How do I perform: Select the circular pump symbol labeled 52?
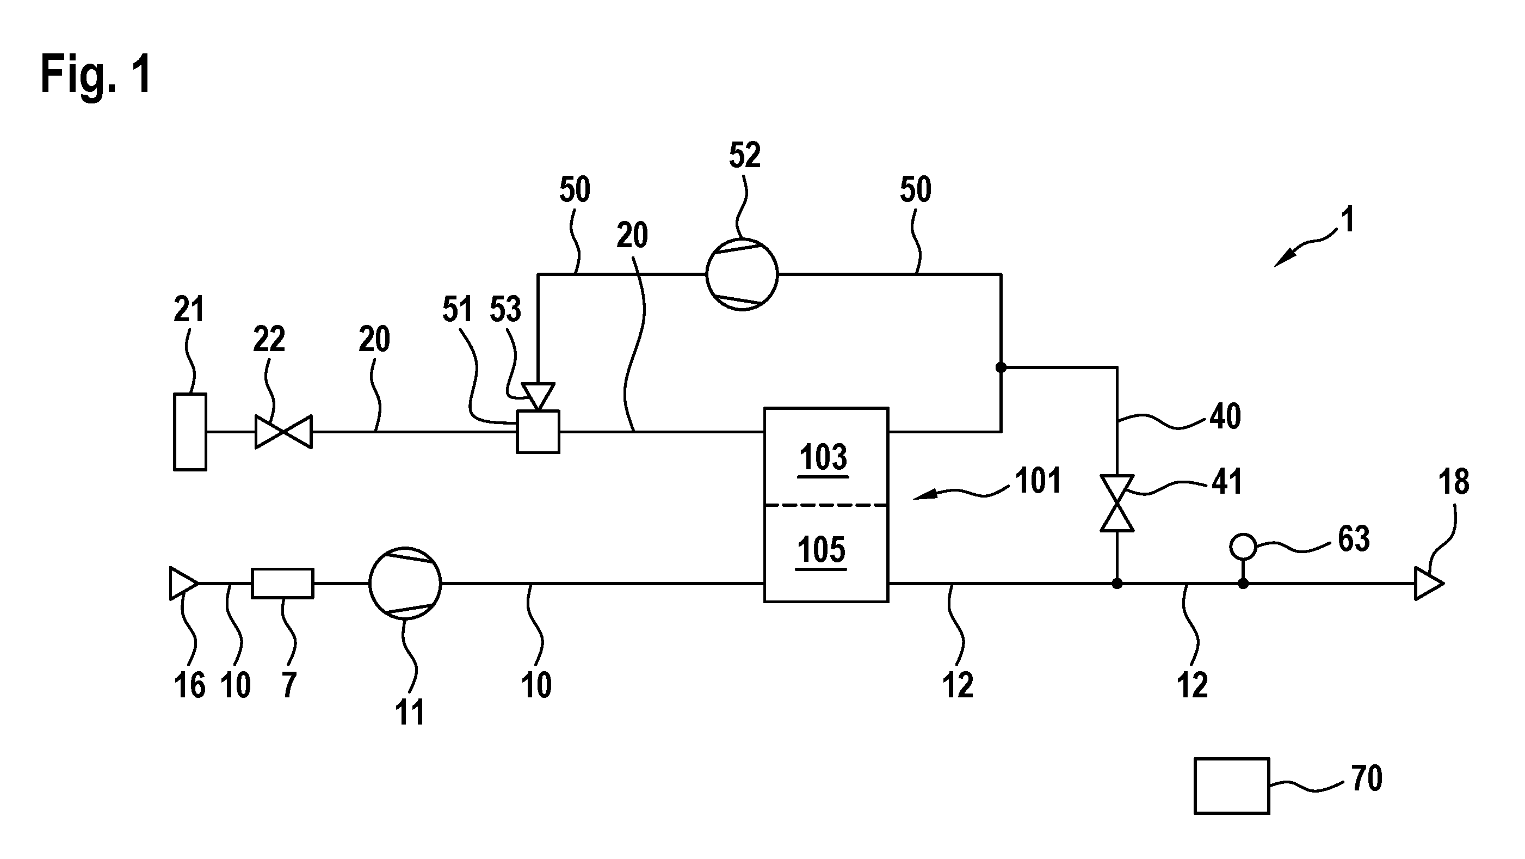(742, 274)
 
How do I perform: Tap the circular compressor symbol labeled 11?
(405, 583)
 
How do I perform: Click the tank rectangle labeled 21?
(190, 432)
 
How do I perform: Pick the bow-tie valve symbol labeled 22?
(283, 432)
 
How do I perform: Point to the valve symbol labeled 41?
(1117, 503)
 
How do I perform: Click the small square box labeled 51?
(538, 432)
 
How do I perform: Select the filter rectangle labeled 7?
(282, 584)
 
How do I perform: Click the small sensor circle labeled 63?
(1243, 547)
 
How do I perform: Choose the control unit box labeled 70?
(1232, 786)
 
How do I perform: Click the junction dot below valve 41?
(1117, 584)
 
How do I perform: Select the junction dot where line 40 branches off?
(1001, 367)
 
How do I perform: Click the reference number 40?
(1225, 416)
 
